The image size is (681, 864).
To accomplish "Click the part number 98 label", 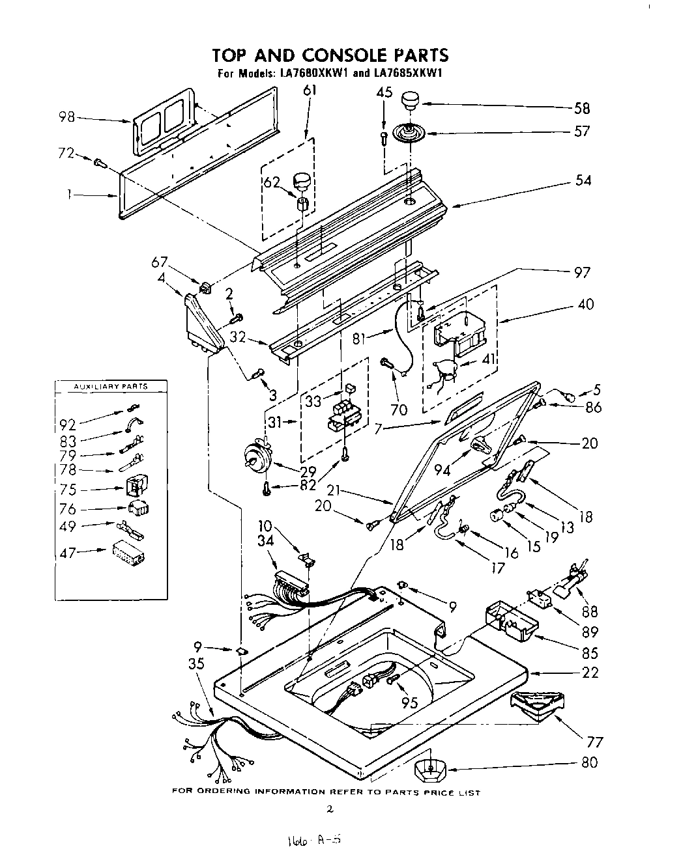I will point(66,117).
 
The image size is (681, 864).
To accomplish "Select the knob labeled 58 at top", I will point(409,101).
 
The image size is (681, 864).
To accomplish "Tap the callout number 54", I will point(583,180).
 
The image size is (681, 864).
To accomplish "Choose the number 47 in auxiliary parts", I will point(68,552).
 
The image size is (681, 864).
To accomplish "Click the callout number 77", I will point(594,742).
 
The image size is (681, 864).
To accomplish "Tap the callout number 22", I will point(589,673).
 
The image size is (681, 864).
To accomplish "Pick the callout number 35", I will point(196,665).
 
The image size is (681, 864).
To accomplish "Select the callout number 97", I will point(582,273).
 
